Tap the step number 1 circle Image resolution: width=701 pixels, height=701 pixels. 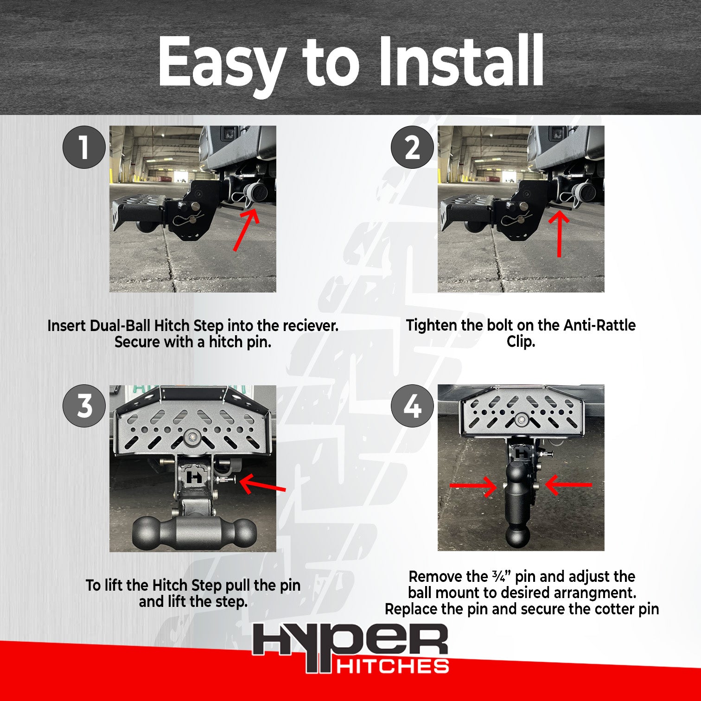[84, 147]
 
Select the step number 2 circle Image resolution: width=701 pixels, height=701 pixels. [412, 147]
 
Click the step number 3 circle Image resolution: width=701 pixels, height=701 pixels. [84, 406]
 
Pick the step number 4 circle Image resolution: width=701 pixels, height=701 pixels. [412, 406]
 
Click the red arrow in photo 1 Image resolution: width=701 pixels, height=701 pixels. [246, 230]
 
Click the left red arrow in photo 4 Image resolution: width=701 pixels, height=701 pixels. [473, 486]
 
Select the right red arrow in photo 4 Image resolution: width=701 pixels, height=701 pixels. [568, 485]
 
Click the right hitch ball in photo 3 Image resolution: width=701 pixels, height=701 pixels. [242, 533]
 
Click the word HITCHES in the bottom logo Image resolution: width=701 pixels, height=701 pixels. [392, 666]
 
